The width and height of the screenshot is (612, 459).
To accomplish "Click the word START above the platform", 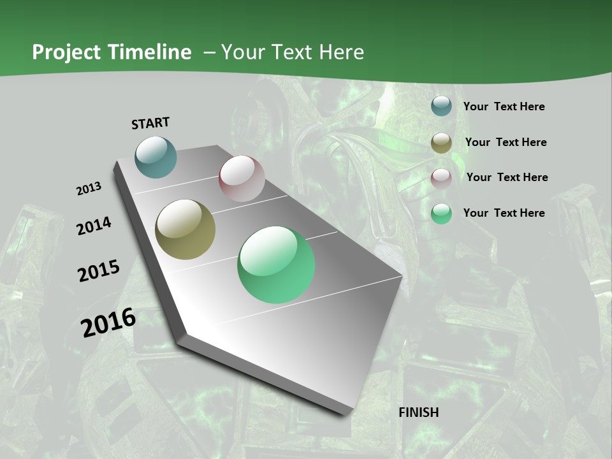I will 150,123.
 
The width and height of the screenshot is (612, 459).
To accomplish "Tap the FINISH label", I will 419,412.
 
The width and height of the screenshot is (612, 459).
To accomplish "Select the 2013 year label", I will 89,189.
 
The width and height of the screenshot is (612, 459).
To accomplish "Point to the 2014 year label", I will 94,226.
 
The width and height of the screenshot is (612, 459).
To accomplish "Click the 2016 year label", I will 108,323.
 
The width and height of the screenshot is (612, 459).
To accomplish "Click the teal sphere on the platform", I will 156,157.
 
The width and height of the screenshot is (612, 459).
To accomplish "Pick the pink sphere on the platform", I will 242,178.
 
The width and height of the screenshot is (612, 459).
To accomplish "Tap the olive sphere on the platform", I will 186,229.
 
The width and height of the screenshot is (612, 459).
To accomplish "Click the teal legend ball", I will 441,106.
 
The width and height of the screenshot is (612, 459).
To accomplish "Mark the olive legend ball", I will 441,143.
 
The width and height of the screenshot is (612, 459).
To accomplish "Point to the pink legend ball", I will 441,178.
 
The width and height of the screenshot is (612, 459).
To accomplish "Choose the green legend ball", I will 441,214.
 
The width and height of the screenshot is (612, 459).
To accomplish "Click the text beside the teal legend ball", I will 504,106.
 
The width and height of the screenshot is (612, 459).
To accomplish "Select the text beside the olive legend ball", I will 506,142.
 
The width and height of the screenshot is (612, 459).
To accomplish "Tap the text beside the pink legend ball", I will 507,177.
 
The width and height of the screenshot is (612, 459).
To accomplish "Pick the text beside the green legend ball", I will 504,213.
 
